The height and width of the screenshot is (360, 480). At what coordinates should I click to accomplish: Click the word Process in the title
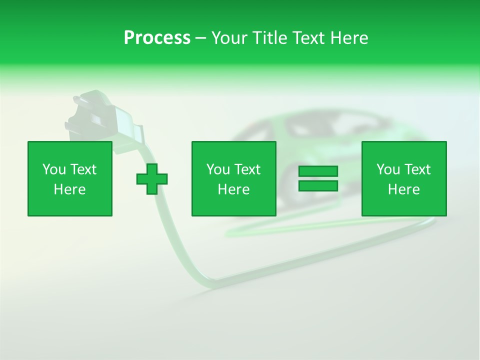tap(157, 38)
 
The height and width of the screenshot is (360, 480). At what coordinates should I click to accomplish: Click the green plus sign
tap(152, 179)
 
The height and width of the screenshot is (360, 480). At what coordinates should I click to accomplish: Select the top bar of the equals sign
tap(318, 171)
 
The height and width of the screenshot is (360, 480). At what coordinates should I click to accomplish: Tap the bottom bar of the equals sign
tap(318, 185)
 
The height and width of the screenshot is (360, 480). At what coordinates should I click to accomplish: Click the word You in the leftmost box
tap(54, 169)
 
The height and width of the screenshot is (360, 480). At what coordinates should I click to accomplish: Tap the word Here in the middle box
tap(234, 189)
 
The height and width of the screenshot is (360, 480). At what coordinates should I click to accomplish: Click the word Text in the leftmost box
tap(82, 169)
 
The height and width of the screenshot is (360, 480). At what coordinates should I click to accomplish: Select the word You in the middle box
tap(218, 169)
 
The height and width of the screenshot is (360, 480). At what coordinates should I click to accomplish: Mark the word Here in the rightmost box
tap(404, 189)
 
